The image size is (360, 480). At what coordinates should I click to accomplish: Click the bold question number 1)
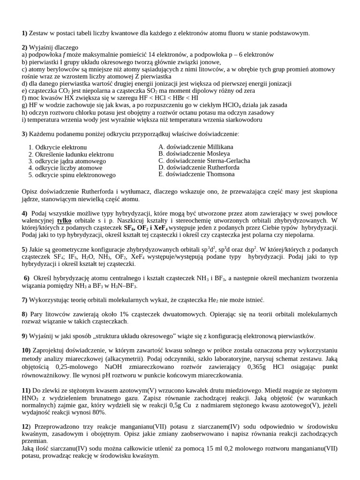click(x=25, y=33)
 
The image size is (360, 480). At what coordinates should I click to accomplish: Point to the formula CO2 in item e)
click(x=57, y=91)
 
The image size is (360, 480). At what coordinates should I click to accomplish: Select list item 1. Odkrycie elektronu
click(x=58, y=147)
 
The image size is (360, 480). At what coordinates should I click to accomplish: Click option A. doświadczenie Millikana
click(x=195, y=147)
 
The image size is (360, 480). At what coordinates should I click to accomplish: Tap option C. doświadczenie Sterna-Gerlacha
click(x=204, y=160)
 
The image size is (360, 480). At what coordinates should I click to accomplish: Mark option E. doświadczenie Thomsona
click(x=196, y=174)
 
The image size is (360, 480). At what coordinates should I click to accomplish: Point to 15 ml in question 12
click(x=228, y=448)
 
